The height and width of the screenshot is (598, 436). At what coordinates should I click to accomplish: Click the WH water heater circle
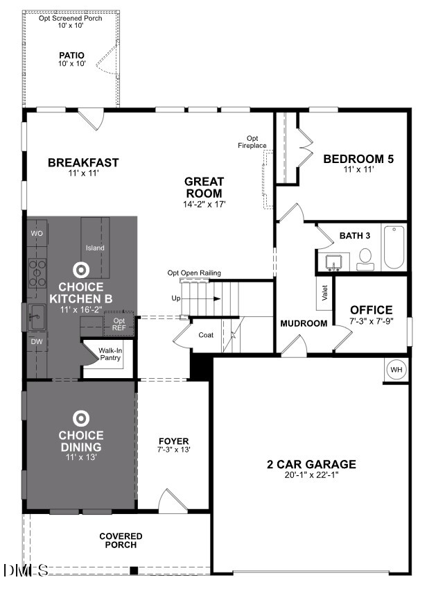396,370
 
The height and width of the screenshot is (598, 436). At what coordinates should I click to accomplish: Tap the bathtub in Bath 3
394,248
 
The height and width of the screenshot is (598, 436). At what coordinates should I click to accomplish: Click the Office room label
371,310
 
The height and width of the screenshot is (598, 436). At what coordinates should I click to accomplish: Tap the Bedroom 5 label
358,159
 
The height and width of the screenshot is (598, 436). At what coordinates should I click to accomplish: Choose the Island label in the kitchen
95,248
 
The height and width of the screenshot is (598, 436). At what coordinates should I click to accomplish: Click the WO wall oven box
37,234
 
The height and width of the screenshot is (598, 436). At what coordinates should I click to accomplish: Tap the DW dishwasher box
37,341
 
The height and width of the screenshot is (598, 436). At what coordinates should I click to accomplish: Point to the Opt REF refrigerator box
119,325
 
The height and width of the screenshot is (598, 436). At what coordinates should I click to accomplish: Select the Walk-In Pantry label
110,354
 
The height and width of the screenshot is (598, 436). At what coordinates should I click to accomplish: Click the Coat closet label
205,335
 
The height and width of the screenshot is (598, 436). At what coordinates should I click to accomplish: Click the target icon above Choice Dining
80,418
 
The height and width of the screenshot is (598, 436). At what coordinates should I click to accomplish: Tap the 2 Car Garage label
311,464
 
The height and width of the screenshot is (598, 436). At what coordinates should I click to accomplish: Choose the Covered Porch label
121,540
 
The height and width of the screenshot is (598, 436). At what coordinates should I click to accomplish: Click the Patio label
71,55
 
